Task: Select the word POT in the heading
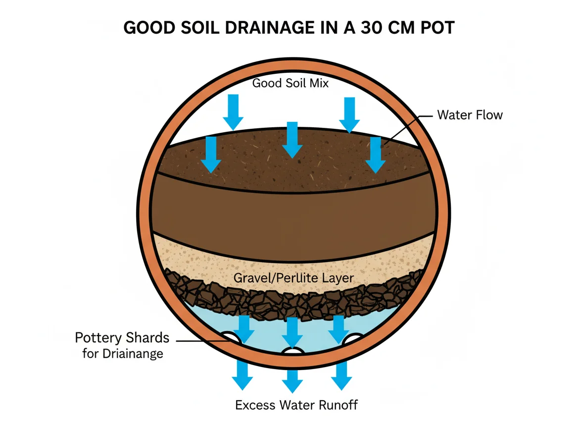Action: click(436, 27)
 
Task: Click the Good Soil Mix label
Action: click(291, 83)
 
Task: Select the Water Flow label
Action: click(470, 115)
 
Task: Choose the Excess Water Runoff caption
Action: click(296, 405)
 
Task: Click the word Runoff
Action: click(337, 405)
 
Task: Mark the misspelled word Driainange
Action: click(133, 354)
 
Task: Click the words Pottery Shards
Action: click(122, 338)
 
